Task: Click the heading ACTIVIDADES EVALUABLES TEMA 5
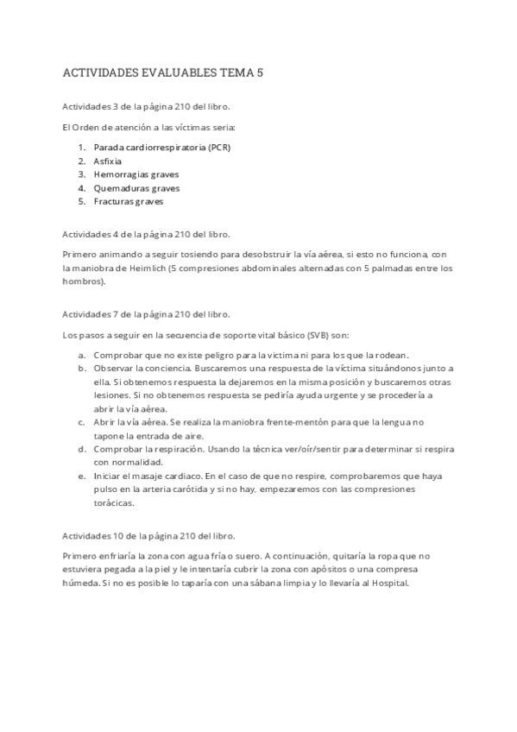click(163, 73)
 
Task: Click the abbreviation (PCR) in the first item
click(219, 148)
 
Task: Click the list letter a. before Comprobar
click(81, 355)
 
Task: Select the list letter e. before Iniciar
click(81, 476)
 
